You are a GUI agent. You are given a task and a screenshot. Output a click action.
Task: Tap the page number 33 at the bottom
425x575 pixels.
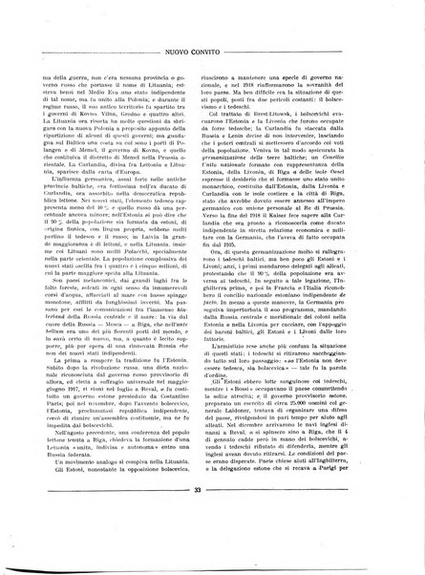coord(212,543)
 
